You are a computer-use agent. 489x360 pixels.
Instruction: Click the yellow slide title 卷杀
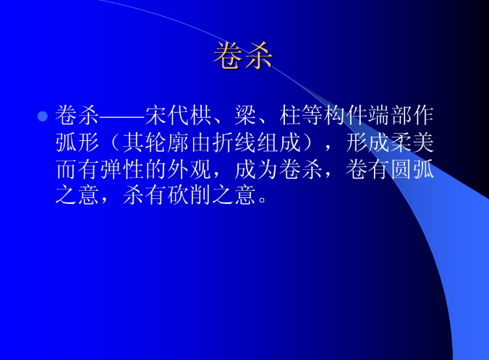click(243, 56)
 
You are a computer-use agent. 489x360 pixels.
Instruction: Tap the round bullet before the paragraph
click(42, 116)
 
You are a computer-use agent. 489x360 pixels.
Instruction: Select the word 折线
click(224, 142)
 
